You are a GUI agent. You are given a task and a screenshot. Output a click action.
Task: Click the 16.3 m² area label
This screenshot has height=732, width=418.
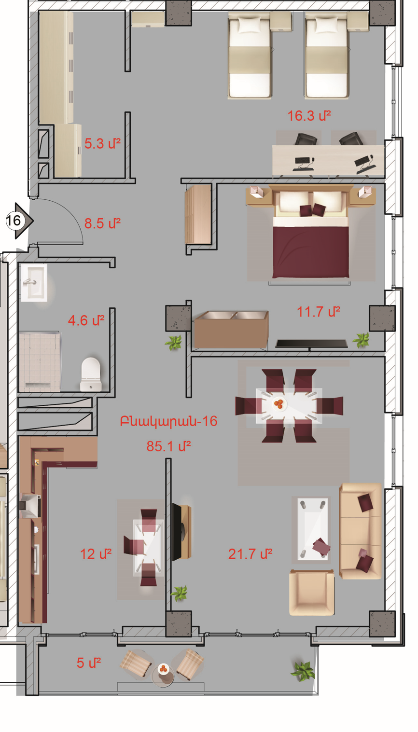coord(309,116)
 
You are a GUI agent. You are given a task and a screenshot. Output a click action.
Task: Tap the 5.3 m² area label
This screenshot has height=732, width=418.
coord(102,143)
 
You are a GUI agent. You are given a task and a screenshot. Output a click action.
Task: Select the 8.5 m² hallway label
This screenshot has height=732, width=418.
coord(102,223)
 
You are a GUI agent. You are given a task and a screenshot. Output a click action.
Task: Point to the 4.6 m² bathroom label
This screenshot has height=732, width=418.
coord(86,320)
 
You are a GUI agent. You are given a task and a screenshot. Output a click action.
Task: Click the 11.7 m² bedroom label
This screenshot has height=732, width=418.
coord(318,312)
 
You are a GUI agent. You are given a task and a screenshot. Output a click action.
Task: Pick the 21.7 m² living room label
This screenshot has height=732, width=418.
coord(250,554)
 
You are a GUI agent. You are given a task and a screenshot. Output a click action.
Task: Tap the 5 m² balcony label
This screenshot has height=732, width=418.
coord(88,663)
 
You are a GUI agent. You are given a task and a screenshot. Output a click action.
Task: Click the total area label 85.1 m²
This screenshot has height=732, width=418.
coord(168,446)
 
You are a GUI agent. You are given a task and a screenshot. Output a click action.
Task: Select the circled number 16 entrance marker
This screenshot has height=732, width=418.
coord(14,221)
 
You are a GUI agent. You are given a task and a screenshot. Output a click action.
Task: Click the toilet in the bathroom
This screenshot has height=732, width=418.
coord(91,374)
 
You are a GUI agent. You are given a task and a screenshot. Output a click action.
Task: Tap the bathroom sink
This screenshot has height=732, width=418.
coord(34,283)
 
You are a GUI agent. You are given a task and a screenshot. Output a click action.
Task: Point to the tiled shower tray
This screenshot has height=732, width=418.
coord(40,362)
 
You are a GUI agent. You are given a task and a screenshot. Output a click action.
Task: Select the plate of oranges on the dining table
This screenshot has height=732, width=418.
coord(279,404)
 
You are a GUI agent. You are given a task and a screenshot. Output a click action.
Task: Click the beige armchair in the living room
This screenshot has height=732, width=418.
coord(312,592)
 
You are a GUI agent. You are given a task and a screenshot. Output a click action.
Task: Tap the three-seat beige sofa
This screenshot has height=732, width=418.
coord(360,531)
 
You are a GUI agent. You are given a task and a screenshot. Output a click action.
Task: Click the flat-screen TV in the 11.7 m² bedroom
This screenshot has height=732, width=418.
coord(311,344)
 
